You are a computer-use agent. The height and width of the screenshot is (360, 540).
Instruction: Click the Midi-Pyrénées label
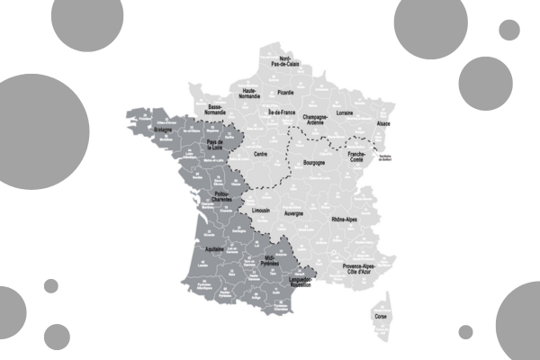click(270, 259)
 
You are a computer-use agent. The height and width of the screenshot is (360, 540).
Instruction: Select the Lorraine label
click(343, 113)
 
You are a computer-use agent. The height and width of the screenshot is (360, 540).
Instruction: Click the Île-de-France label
click(283, 112)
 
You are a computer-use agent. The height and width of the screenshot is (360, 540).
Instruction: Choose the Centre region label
click(261, 155)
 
